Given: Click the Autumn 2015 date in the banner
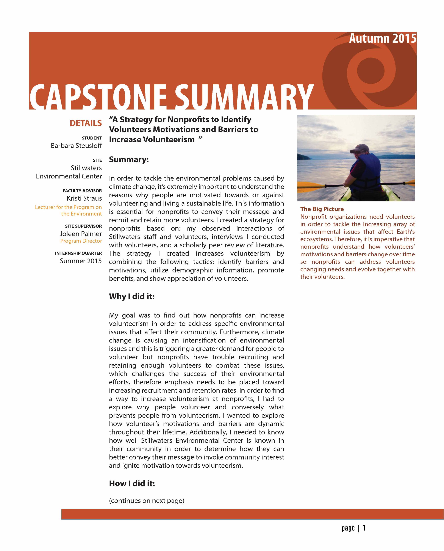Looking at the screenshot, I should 382,39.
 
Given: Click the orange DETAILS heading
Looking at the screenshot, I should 86,123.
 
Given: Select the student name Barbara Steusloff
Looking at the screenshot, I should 76,146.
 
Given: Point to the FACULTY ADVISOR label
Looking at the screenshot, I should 82,191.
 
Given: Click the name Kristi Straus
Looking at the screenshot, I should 84,198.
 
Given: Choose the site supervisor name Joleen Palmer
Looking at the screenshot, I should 81,234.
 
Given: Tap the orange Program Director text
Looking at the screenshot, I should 81,241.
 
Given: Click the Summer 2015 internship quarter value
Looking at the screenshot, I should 81,261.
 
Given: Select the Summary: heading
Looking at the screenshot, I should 129,160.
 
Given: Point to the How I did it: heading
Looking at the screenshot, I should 132,484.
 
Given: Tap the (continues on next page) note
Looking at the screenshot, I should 146,501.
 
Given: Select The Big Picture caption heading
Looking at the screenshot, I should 322,209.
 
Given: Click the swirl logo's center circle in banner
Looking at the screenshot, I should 370,70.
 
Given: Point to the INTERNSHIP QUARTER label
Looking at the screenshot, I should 78,253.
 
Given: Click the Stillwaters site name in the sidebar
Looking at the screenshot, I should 86,168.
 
